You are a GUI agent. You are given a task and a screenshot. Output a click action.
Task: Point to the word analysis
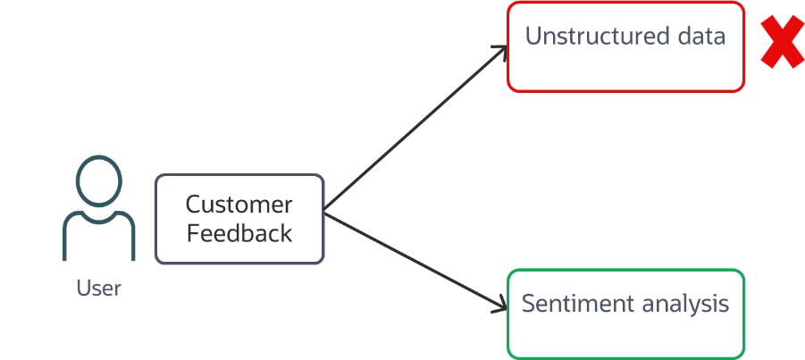tap(684, 305)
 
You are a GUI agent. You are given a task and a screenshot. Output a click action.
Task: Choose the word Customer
tap(239, 205)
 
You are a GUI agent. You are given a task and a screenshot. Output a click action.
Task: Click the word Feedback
tap(239, 234)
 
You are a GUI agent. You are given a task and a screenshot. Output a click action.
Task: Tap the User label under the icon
tap(98, 289)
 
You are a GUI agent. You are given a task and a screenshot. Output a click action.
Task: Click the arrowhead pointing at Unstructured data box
tap(503, 50)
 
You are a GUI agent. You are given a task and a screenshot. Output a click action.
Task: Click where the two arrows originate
tap(324, 213)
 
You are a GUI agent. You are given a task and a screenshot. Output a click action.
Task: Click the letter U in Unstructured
tap(533, 37)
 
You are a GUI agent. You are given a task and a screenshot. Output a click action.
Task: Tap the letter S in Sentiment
tap(529, 304)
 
